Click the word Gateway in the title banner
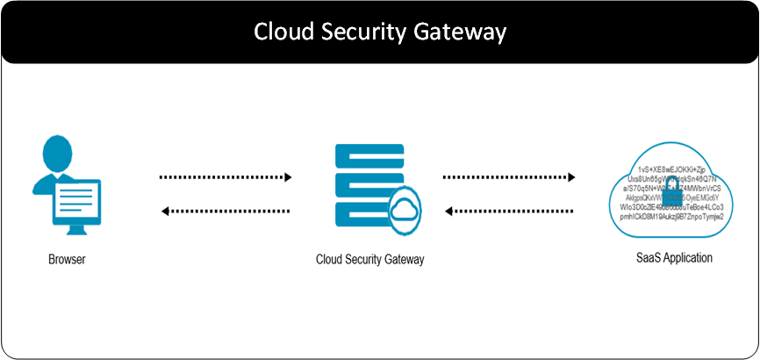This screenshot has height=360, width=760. coord(462,32)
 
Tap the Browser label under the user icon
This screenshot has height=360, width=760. coord(68,259)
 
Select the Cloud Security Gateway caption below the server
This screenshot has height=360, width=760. coord(370,259)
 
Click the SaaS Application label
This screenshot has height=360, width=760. coord(674,258)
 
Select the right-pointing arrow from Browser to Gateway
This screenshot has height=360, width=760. coord(226,177)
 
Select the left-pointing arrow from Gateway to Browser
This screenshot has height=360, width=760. coord(226,211)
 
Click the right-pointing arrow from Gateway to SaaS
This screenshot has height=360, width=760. coord(508,177)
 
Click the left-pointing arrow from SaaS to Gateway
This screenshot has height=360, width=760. coord(508,211)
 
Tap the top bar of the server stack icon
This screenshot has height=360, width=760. coord(369,153)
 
